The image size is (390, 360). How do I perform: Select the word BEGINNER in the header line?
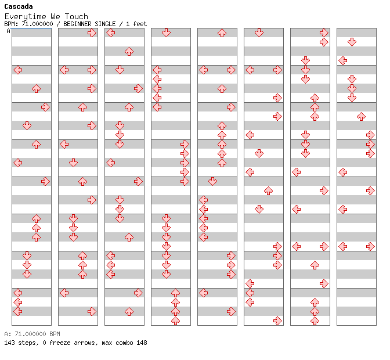coord(78,24)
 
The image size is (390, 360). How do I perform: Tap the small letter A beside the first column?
coord(8,31)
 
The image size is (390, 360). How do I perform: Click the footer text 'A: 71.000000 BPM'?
coord(32,334)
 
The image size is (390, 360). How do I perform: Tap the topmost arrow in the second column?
coord(92,33)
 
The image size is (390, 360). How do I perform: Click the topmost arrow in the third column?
coord(110,33)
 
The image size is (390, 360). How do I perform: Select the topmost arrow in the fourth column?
coord(166,33)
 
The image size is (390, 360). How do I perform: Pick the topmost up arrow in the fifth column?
coord(222,33)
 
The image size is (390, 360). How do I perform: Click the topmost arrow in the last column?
coord(352,42)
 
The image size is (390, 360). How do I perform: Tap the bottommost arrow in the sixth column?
coord(277,321)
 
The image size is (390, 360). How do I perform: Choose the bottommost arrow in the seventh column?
coord(315,321)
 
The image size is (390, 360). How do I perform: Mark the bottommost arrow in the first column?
coord(17,311)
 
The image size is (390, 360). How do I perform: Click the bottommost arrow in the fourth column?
coord(175,321)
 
